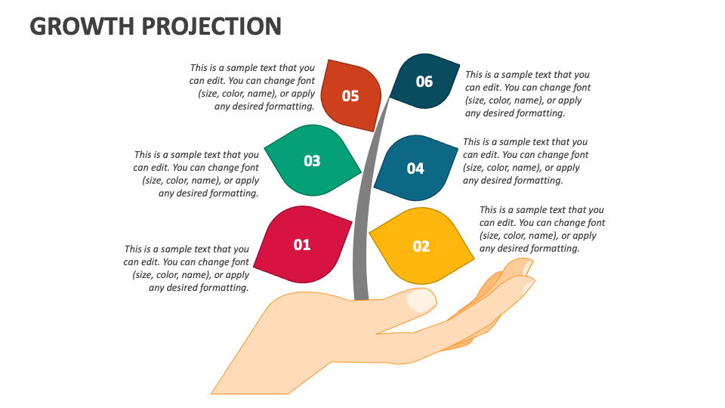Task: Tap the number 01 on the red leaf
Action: click(302, 245)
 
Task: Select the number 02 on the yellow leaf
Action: click(421, 246)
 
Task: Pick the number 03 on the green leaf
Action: click(312, 161)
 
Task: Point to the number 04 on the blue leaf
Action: click(415, 168)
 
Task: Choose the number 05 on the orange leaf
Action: click(350, 96)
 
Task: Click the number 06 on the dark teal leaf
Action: click(424, 82)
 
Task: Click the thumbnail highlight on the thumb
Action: click(421, 301)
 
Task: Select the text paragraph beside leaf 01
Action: click(187, 268)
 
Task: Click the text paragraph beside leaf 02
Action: click(541, 229)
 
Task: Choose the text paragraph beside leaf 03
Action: click(196, 174)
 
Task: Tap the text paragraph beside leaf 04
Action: click(525, 161)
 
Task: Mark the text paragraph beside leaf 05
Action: click(252, 87)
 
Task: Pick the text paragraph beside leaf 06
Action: click(527, 94)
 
